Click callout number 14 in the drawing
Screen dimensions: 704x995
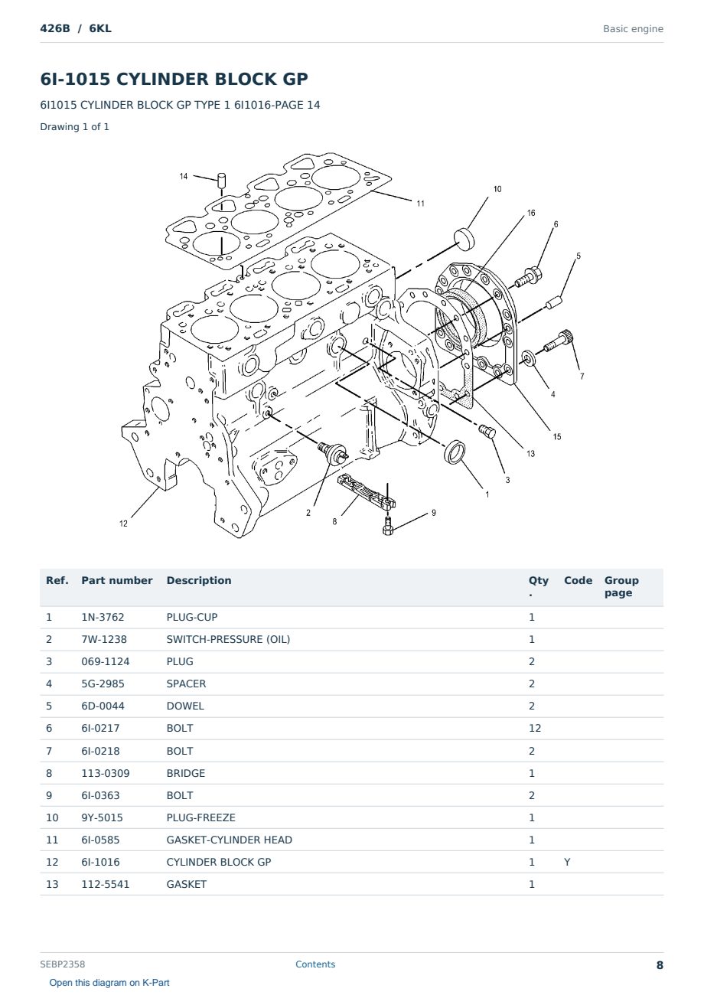[x=184, y=176]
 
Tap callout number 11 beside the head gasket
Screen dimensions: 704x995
[x=420, y=204]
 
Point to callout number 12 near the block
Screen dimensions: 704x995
[x=123, y=524]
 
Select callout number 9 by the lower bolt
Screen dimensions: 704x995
[x=434, y=513]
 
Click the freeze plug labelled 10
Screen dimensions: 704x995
[x=464, y=239]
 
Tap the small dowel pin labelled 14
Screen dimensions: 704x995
[x=222, y=180]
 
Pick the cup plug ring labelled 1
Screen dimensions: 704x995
[x=455, y=452]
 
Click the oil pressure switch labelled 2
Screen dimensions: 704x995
[x=333, y=452]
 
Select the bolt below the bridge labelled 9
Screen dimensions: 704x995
[x=388, y=526]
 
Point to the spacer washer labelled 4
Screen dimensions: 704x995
[x=528, y=358]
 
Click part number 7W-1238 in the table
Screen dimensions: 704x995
[x=104, y=639]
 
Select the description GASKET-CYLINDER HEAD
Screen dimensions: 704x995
[x=230, y=840]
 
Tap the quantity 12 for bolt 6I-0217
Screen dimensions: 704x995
[x=535, y=728]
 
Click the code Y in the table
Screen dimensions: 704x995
[x=567, y=862]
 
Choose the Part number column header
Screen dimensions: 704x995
[x=117, y=580]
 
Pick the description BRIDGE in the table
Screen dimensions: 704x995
[x=186, y=773]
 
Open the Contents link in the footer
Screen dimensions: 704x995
[x=315, y=964]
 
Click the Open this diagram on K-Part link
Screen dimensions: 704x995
[x=109, y=982]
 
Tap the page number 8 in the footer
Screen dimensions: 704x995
[x=660, y=965]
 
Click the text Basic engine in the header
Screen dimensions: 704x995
[x=633, y=29]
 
